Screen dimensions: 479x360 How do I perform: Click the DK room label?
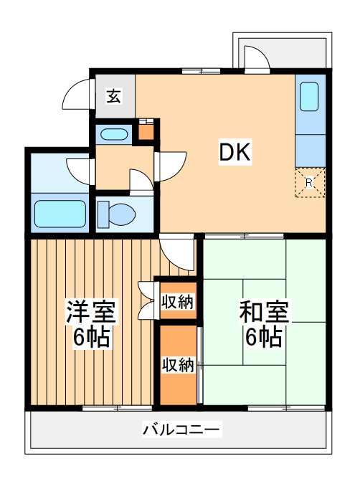[234, 152]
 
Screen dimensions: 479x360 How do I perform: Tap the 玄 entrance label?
[113, 96]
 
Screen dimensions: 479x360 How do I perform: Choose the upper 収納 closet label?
[177, 302]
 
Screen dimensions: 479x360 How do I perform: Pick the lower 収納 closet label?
[177, 364]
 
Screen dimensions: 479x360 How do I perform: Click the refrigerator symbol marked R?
[309, 182]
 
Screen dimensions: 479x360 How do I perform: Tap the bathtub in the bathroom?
[60, 213]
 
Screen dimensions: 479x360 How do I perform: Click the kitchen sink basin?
[309, 97]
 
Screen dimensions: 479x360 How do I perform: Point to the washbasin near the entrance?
[113, 133]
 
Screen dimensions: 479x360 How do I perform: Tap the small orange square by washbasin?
[146, 131]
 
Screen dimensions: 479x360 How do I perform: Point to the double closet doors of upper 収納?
[148, 301]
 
